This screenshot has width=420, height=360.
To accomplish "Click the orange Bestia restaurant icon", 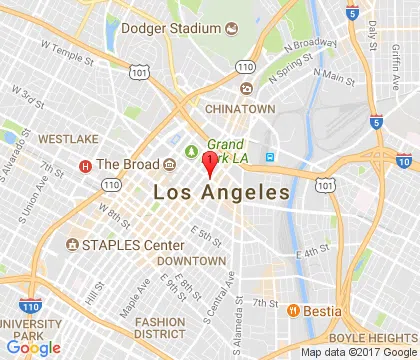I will pos(294,310).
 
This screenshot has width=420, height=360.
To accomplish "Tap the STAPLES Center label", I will pos(133,245).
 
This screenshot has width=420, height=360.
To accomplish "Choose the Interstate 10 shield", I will pos(403,160).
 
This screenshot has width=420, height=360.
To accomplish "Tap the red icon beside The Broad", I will pos(86,165).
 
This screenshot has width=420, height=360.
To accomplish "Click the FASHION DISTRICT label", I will pos(160,328).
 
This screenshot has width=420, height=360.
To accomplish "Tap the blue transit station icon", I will pos(269,157).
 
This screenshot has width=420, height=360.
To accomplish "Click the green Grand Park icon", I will pos(191,152).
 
